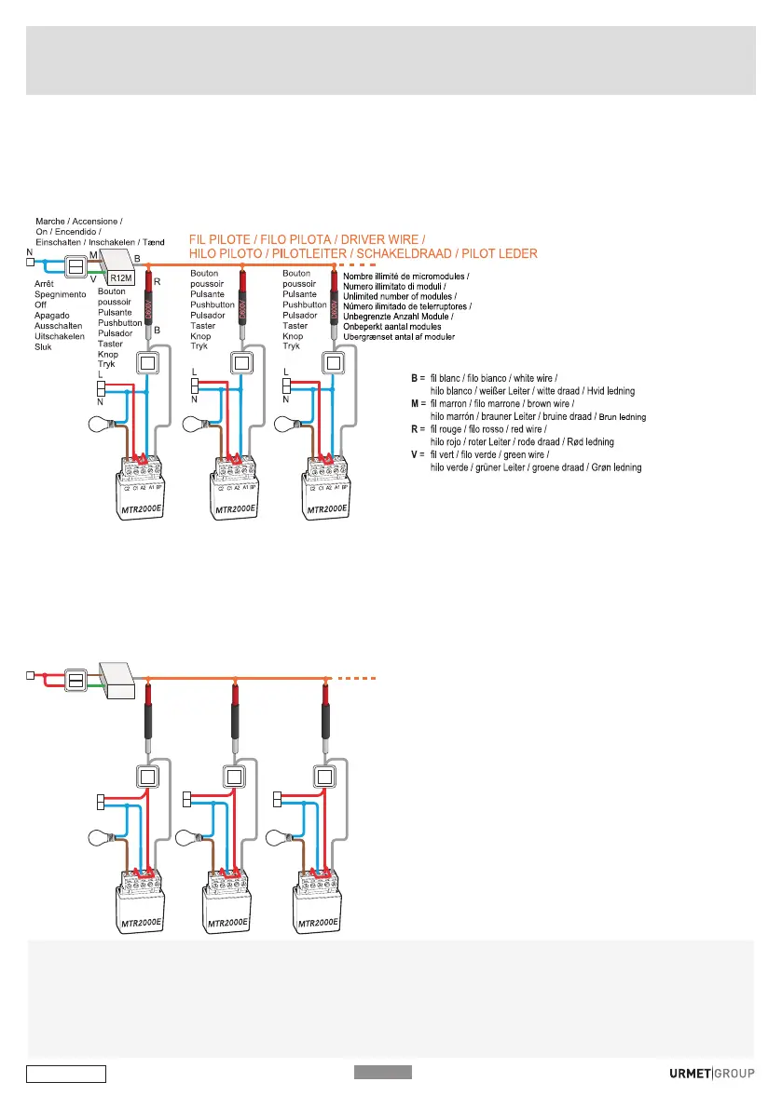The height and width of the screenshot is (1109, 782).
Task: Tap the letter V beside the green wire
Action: [x=92, y=277]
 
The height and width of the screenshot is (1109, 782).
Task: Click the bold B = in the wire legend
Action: [x=417, y=379]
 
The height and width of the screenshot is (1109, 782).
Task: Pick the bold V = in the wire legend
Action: [x=417, y=454]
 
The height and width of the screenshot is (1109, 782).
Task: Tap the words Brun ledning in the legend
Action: [x=622, y=416]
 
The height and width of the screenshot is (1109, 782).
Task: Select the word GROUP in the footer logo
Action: [x=734, y=1073]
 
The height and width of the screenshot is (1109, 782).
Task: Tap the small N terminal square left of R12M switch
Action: [x=31, y=263]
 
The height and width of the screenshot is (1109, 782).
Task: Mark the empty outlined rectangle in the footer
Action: [x=65, y=1075]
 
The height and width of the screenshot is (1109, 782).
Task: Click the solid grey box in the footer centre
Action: [x=382, y=1072]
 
